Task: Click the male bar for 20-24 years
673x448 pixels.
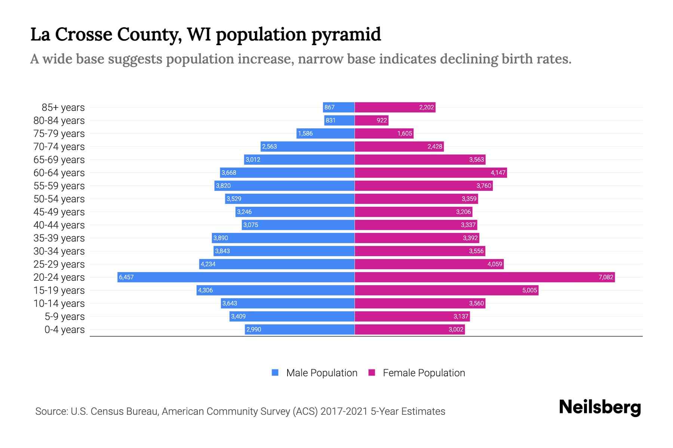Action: coord(236,277)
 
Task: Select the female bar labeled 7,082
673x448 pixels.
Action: coord(485,277)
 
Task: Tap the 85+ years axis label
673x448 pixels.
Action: coord(63,108)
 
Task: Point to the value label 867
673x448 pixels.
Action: coord(329,108)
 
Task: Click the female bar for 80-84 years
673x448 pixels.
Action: coord(371,120)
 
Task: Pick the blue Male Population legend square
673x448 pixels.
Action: coord(275,373)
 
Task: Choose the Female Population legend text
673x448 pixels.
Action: coord(424,373)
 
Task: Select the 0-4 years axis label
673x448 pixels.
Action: coord(64,329)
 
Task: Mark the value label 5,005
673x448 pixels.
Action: coord(529,290)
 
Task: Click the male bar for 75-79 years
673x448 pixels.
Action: coord(325,133)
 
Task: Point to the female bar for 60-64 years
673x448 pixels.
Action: coord(431,172)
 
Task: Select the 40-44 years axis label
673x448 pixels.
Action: coord(59,225)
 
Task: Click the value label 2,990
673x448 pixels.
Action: coord(253,329)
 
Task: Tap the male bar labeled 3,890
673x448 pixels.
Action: coord(283,238)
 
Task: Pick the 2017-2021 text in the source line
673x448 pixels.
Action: coord(344,411)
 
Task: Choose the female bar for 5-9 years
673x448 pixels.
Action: coord(412,316)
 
